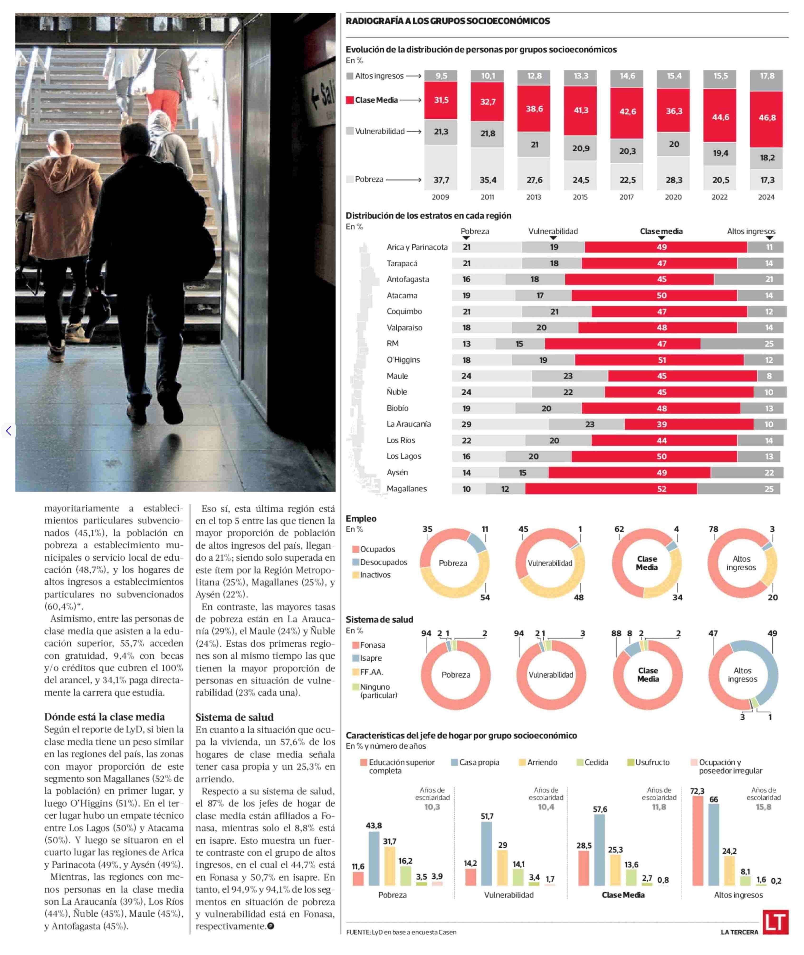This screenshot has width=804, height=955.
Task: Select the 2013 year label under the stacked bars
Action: (534, 197)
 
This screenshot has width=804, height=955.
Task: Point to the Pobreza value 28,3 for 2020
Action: (674, 180)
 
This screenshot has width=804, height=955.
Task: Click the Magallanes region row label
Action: (407, 489)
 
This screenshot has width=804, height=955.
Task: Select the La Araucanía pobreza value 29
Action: (466, 424)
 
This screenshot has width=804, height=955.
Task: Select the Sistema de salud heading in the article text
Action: (234, 717)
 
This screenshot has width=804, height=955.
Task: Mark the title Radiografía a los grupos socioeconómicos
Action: (448, 21)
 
